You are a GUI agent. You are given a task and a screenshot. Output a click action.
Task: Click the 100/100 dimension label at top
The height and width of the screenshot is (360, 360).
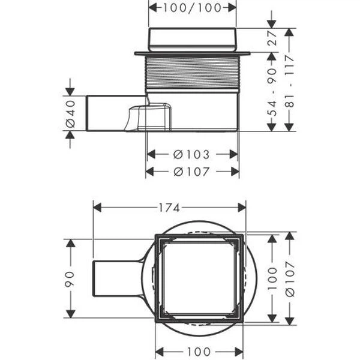pos(192,8)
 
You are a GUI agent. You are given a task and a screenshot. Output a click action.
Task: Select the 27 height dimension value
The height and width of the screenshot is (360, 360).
pos(272,38)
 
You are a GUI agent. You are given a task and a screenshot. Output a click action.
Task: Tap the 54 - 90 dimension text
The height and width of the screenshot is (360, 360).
pos(272,91)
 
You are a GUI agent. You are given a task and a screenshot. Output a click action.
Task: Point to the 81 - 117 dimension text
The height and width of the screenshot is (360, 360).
pos(290,80)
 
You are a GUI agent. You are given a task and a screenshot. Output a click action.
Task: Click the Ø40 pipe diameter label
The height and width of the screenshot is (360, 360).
pos(70,113)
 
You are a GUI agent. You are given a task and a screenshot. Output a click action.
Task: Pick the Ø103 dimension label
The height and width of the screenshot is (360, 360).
pos(191,155)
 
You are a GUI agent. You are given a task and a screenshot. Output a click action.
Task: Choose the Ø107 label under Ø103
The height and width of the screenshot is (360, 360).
pos(191,172)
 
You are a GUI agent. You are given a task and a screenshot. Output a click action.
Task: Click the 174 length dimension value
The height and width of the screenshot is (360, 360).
pos(169,208)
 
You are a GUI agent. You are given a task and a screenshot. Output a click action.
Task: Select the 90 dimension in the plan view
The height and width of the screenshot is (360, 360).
pos(70,279)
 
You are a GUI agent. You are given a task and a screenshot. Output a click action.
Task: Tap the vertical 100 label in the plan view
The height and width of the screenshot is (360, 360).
pos(272,278)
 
